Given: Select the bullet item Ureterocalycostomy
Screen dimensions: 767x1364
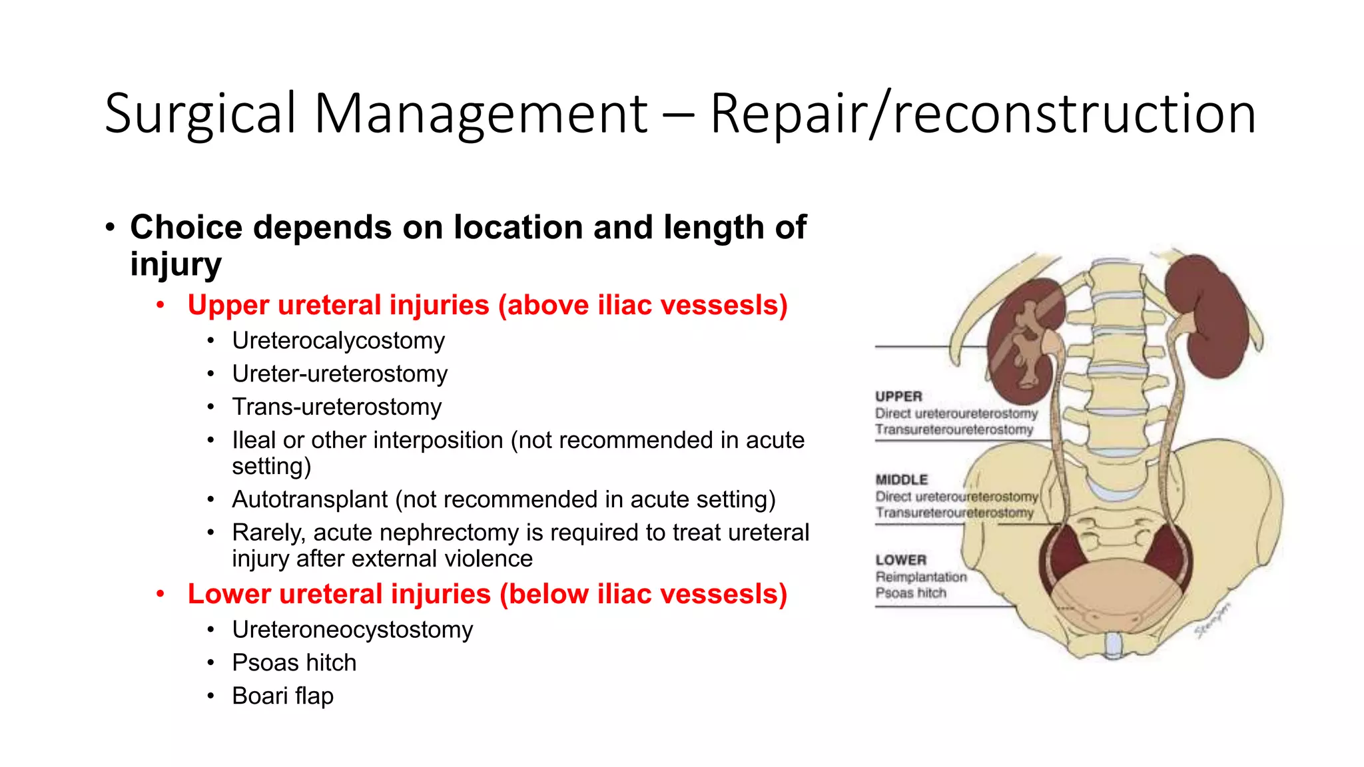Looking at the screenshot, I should tap(338, 341).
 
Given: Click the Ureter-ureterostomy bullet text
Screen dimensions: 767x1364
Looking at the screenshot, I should tap(340, 374).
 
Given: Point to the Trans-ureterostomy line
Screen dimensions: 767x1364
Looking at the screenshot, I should tap(336, 407).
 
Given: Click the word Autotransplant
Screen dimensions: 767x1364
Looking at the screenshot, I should tap(310, 499).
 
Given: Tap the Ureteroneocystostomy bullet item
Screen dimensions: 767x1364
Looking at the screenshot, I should tap(352, 630).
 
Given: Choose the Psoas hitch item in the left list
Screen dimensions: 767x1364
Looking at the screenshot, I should tap(294, 663).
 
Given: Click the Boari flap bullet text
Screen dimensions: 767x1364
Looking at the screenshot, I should tap(282, 696).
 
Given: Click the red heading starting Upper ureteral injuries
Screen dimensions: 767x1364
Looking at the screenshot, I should tap(487, 306).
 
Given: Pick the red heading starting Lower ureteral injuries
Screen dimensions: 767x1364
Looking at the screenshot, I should tap(487, 595).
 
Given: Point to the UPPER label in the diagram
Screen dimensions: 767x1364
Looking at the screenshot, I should tap(898, 397).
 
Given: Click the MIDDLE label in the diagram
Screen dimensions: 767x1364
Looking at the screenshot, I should tap(901, 480).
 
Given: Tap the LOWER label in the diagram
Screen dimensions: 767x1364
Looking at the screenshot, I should tap(900, 561).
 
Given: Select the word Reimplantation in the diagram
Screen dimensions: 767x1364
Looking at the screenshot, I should tap(920, 577).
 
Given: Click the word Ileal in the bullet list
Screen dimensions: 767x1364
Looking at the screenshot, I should tap(254, 441).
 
